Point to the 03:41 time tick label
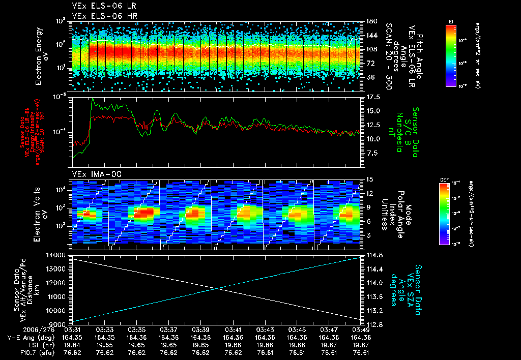click(x=233, y=329)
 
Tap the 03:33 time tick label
click(x=104, y=329)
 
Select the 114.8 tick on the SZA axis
click(x=372, y=255)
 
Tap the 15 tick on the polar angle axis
click(x=368, y=179)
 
